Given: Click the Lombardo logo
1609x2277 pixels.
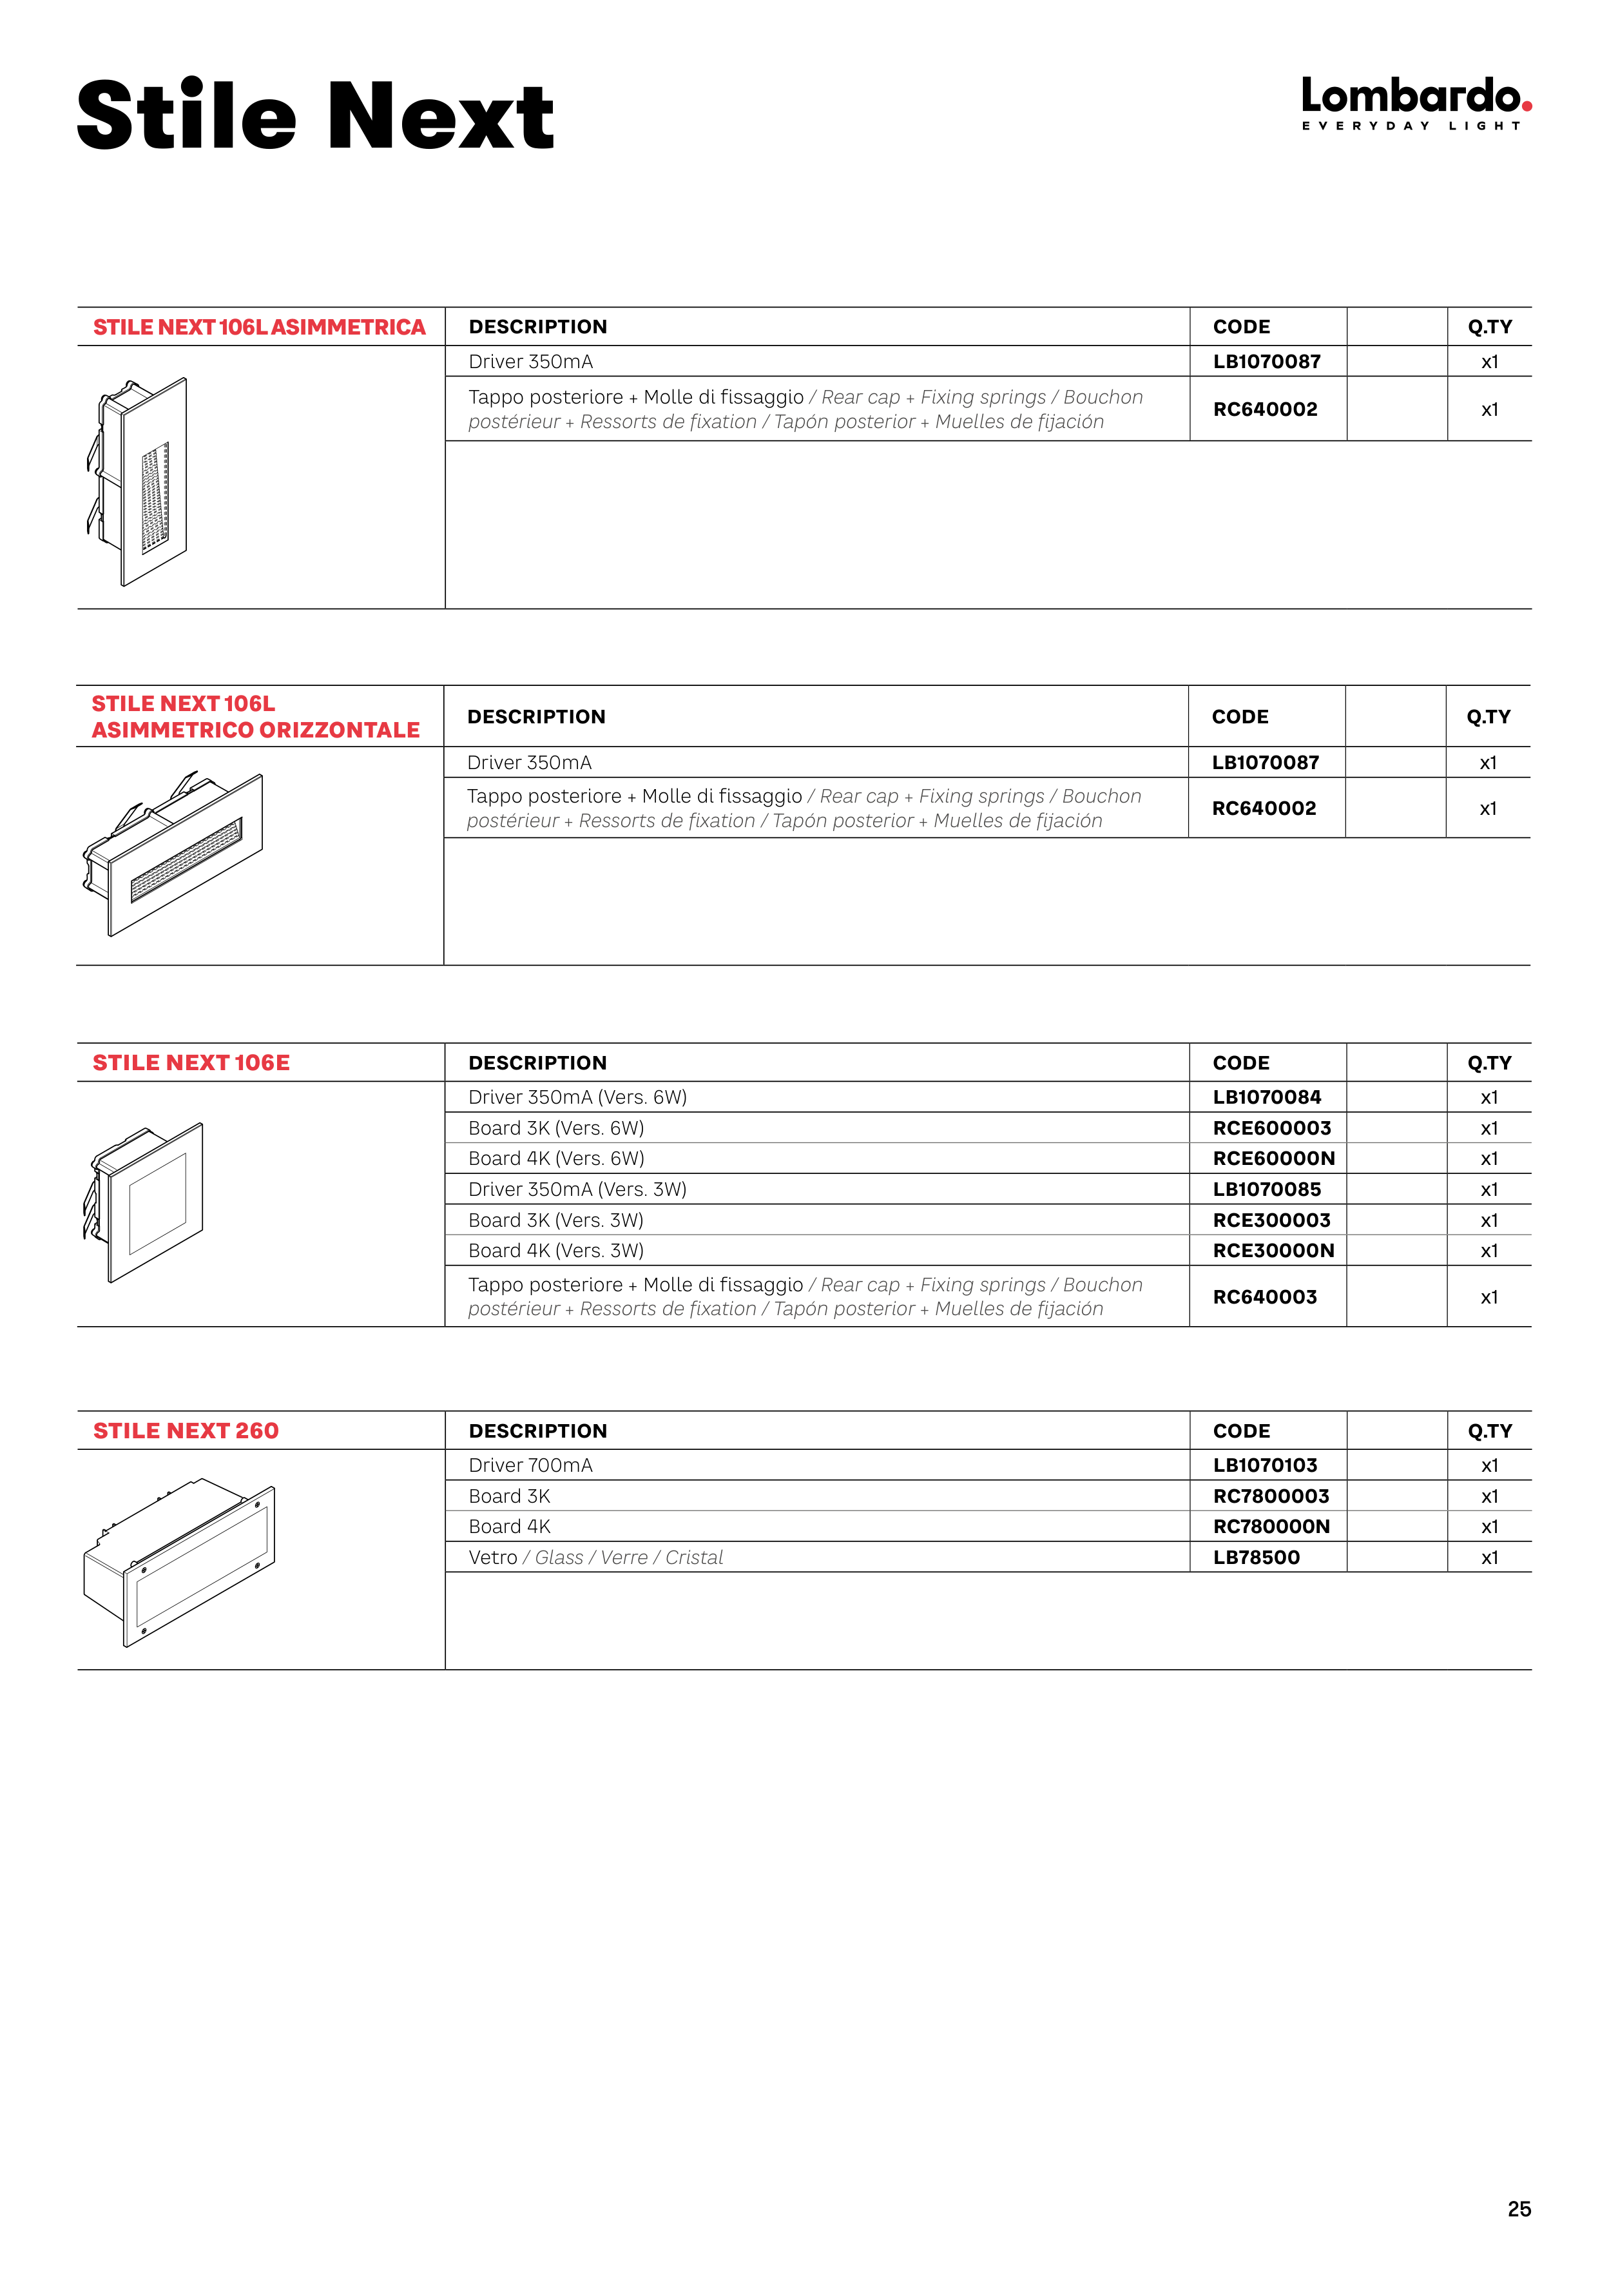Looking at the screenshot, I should click(1416, 103).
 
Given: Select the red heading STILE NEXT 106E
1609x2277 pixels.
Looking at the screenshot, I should click(191, 1063).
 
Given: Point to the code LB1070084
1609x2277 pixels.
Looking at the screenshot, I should click(1267, 1097).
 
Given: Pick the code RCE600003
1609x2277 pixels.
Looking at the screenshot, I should click(1272, 1128).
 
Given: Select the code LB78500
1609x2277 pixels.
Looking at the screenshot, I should click(1256, 1557).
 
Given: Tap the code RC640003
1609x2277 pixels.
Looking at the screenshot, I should click(1265, 1297).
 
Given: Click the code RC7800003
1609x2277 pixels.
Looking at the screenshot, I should click(1271, 1496).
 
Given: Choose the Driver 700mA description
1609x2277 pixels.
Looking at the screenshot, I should click(530, 1465).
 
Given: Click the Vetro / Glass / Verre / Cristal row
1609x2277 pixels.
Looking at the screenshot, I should click(596, 1557).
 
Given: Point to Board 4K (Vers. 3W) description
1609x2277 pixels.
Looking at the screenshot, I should click(556, 1251).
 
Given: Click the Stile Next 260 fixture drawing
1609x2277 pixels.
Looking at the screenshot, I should click(179, 1562).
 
